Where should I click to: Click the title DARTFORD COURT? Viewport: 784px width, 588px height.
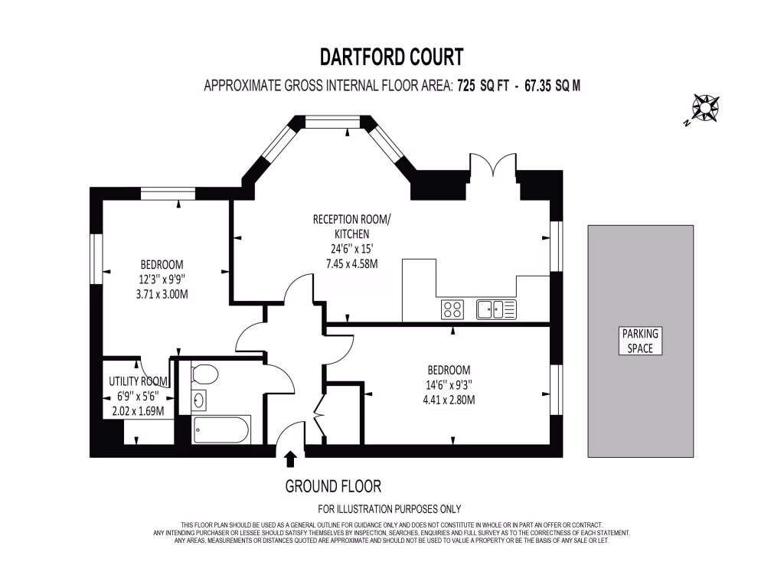pyautogui.click(x=391, y=57)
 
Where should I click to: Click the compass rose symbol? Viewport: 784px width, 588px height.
pyautogui.click(x=705, y=108)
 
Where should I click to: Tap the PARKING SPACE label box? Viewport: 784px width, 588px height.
pyautogui.click(x=640, y=341)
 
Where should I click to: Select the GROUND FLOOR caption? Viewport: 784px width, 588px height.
pyautogui.click(x=333, y=486)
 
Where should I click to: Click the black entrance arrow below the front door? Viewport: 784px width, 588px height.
pyautogui.click(x=290, y=459)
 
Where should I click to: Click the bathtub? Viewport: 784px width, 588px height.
pyautogui.click(x=221, y=429)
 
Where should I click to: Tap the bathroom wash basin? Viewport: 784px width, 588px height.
pyautogui.click(x=199, y=400)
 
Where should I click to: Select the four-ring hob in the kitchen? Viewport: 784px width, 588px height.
pyautogui.click(x=452, y=309)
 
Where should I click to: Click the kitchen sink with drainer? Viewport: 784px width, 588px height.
pyautogui.click(x=496, y=309)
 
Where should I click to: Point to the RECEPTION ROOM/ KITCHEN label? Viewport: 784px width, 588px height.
pyautogui.click(x=352, y=227)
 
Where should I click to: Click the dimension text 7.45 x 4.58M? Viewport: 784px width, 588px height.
pyautogui.click(x=352, y=264)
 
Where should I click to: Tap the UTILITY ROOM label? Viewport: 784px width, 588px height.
pyautogui.click(x=138, y=381)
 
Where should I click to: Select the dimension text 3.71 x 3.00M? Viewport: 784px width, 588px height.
pyautogui.click(x=162, y=295)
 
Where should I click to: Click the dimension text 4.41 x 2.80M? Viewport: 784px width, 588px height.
pyautogui.click(x=449, y=400)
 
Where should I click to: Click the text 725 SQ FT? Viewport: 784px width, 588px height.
pyautogui.click(x=482, y=86)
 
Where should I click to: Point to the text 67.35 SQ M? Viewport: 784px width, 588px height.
pyautogui.click(x=553, y=86)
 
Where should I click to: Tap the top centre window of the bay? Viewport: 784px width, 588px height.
pyautogui.click(x=332, y=122)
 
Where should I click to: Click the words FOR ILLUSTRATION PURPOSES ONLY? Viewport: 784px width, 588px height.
pyautogui.click(x=390, y=509)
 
